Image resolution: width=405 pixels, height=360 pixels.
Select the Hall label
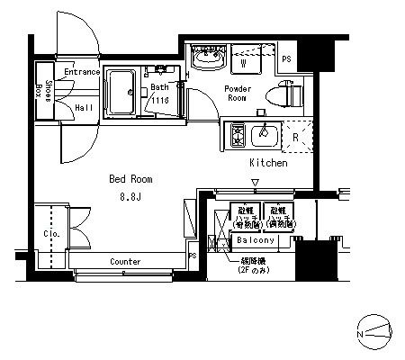85,106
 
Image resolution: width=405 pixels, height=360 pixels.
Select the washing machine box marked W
244,61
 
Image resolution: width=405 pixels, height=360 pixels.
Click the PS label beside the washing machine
287,59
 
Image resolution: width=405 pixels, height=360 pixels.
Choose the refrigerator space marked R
296,137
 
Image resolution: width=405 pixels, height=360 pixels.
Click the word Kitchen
268,163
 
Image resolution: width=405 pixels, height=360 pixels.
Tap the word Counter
126,261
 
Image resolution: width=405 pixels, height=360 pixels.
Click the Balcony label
256,241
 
